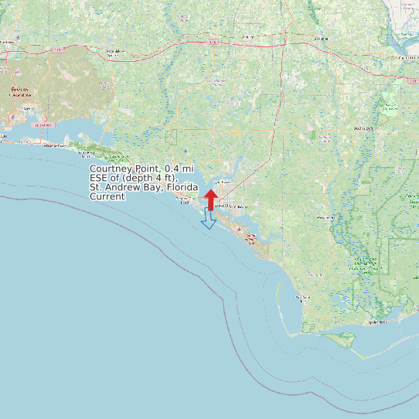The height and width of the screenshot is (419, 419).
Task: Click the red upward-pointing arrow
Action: point(210,199)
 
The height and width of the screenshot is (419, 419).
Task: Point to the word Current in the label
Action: point(107,196)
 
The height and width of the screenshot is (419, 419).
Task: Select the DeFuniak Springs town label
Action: point(114,53)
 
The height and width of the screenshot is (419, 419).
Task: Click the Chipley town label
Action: point(247,36)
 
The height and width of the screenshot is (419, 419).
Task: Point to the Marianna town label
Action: point(319,37)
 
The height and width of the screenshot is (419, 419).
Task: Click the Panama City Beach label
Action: point(185,200)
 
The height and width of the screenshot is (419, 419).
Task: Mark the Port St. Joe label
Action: point(301,298)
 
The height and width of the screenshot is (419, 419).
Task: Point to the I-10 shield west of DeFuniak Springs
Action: point(58,49)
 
